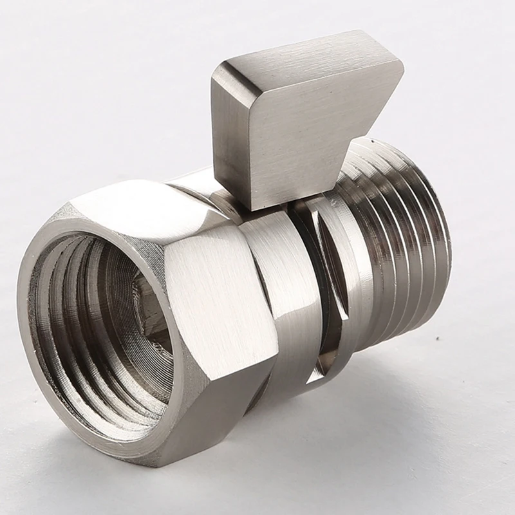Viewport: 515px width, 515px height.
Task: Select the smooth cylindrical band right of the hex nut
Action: (283, 290)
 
